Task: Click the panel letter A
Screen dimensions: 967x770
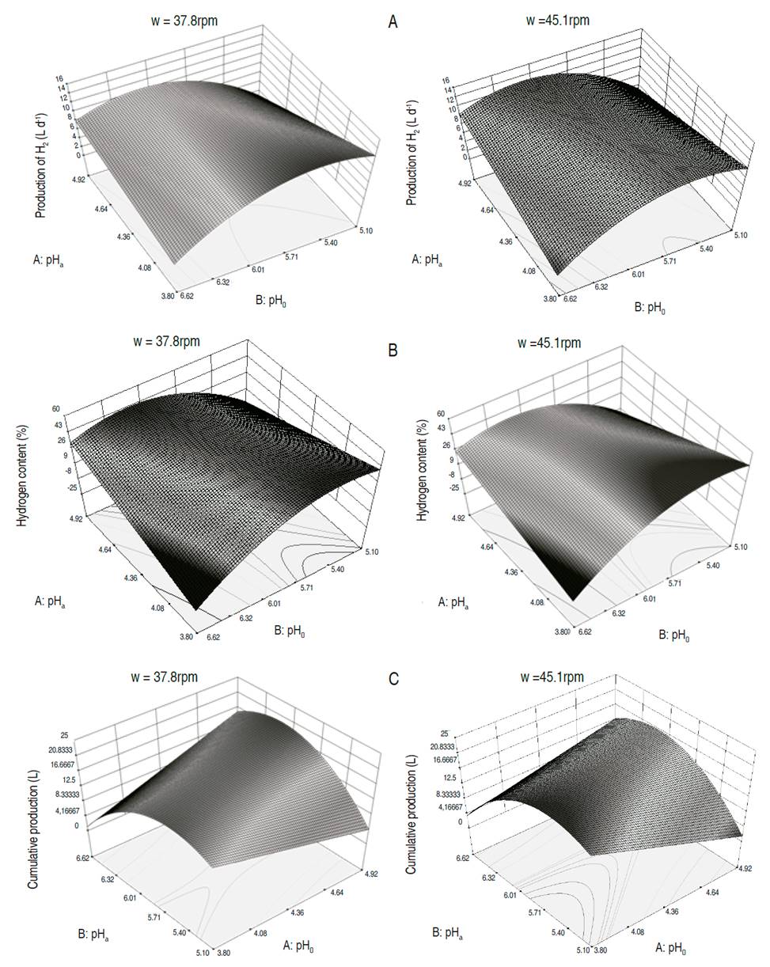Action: (393, 22)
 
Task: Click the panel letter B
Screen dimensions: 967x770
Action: (393, 350)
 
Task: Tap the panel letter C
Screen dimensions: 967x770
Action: (393, 680)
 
